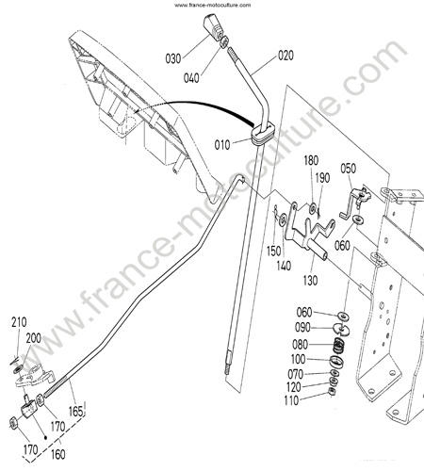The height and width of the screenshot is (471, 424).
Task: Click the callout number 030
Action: pos(173,58)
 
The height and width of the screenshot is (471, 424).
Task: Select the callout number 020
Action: pos(285,56)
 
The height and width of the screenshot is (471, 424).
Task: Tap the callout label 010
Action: pos(222,145)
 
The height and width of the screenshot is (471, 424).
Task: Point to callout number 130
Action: pos(310,281)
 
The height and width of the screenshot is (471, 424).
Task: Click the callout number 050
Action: pos(349,169)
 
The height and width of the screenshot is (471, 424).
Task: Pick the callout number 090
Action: pos(302,328)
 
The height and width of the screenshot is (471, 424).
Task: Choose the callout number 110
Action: pos(291,400)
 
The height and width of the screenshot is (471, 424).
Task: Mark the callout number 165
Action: pos(76,412)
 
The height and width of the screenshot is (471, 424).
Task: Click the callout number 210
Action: pos(19,322)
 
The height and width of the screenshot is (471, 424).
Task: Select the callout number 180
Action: pos(311,160)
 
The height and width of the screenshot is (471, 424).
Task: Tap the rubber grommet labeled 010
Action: pos(263,135)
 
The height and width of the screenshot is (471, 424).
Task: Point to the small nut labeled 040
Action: pos(224,42)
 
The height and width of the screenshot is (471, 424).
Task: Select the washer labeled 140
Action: pos(283,219)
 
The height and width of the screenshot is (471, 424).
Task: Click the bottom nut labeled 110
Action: pos(332,391)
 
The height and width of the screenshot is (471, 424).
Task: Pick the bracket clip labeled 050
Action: pos(355,202)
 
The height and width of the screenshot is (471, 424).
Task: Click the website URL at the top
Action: pos(213,5)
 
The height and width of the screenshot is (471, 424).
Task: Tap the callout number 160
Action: pos(57,454)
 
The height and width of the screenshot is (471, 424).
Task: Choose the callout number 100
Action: pos(299,359)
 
